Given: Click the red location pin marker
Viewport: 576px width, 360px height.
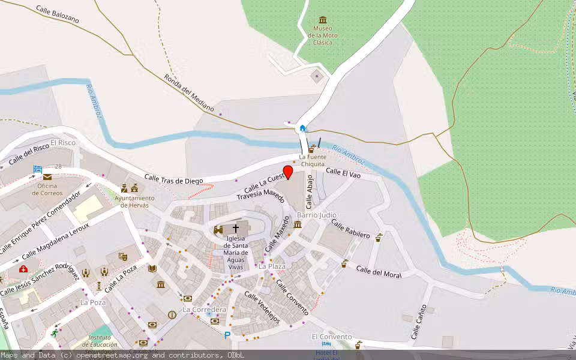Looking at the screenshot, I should pos(288,172).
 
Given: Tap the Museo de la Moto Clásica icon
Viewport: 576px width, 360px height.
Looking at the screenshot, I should pos(323,20).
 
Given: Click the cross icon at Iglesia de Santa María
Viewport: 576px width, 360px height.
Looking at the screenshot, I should pos(236,229).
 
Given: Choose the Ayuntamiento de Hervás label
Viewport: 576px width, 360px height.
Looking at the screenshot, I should pos(134,201).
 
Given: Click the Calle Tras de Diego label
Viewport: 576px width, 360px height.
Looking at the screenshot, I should pos(173,179).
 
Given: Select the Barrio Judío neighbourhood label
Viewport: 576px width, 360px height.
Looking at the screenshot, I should pos(317,215).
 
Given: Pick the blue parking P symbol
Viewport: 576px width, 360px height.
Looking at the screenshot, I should pos(227,335).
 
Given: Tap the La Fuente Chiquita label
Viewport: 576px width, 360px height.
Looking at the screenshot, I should pos(312,161).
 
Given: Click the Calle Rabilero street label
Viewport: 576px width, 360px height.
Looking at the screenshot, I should pos(350,229).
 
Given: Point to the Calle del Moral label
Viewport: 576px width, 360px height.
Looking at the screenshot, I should pos(378,271).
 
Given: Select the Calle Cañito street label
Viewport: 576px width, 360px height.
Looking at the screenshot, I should pos(419,322).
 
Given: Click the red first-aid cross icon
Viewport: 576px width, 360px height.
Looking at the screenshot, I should pos(23,269).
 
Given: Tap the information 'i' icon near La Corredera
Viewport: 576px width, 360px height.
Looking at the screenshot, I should pos(172,314).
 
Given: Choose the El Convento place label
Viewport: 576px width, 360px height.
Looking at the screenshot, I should pos(331,337).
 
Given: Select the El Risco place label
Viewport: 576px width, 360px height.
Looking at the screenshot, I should pos(63,143).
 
